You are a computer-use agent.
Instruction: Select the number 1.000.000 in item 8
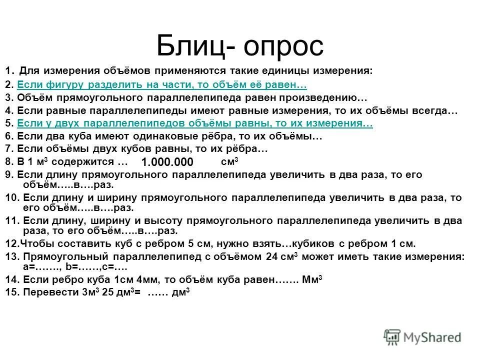click(167, 162)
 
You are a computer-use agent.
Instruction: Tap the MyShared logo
click(422, 336)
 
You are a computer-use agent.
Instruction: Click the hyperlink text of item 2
click(162, 84)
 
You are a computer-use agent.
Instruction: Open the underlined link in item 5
click(195, 123)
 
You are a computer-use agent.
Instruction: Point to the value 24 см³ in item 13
click(281, 257)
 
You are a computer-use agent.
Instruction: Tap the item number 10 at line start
click(11, 197)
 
